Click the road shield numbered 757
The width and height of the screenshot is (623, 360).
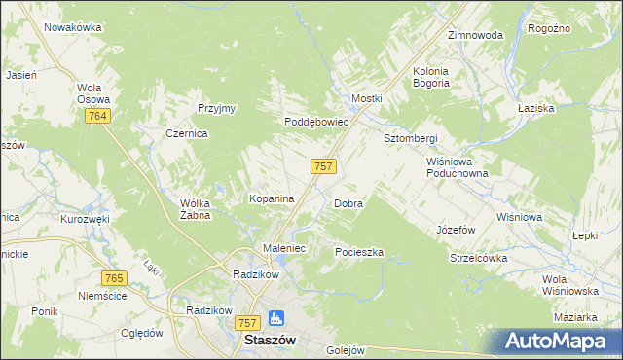tap(324, 166)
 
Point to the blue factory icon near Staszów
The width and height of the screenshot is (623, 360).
tap(275, 318)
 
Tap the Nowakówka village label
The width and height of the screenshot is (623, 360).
tap(73, 27)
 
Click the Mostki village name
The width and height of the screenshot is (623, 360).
tap(367, 99)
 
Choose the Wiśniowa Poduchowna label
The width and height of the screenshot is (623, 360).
tap(457, 167)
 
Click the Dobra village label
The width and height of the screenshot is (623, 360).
tap(348, 204)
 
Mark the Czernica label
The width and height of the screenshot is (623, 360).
tap(186, 134)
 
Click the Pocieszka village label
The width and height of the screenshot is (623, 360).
tap(359, 252)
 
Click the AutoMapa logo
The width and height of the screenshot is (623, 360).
tap(560, 342)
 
